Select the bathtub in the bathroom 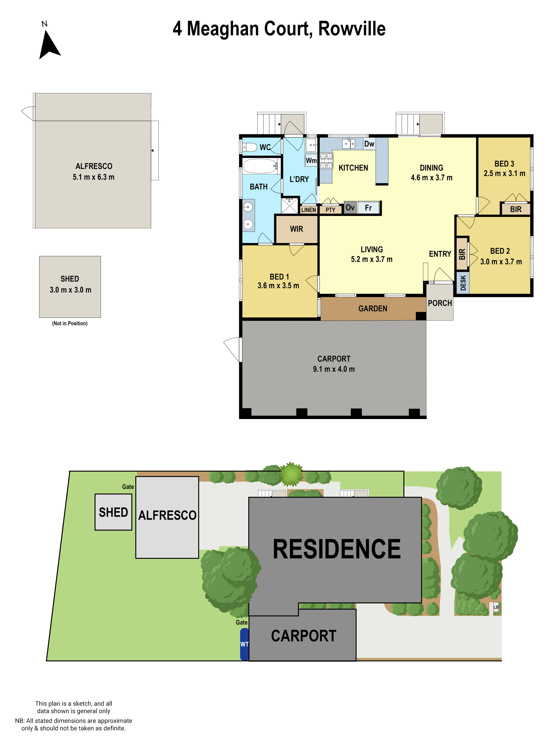(260, 166)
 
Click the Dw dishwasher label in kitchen (369, 144)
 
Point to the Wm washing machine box (311, 161)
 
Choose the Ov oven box (350, 207)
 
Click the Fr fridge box (368, 208)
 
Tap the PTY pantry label (330, 210)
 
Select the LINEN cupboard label (308, 210)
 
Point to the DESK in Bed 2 (463, 283)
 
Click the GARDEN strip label (372, 309)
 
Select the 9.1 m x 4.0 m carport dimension (334, 369)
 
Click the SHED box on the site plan (113, 512)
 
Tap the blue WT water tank (244, 644)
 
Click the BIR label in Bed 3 (515, 209)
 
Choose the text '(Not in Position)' (70, 323)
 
